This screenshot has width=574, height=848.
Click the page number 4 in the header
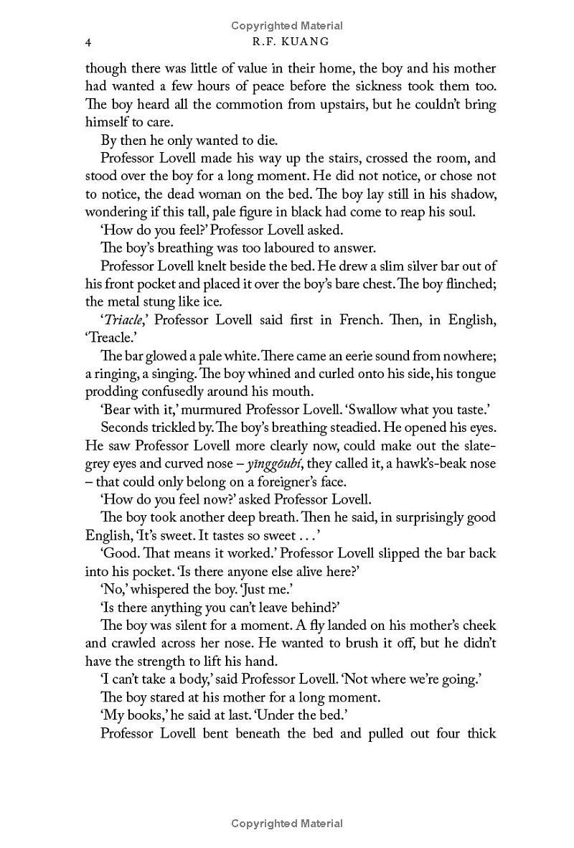[88, 42]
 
